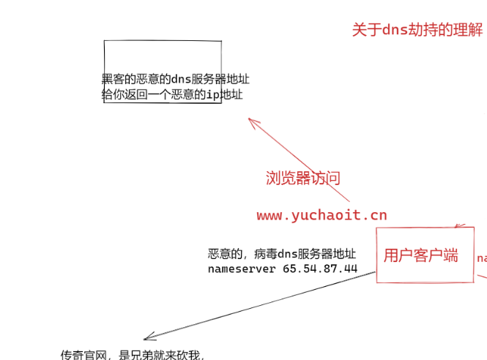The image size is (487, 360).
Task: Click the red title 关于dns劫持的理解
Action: tap(417, 30)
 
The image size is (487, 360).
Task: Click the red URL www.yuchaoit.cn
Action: tap(321, 215)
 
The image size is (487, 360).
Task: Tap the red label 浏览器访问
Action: tap(302, 178)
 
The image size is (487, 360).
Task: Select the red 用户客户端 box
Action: tap(425, 255)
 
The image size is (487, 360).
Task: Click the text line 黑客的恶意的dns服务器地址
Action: tap(175, 79)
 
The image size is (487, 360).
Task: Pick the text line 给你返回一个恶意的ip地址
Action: tap(172, 94)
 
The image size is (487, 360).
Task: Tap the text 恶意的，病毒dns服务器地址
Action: tap(282, 254)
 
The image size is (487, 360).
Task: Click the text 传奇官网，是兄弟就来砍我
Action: tap(132, 355)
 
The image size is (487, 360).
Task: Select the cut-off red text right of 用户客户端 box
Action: tap(482, 258)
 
